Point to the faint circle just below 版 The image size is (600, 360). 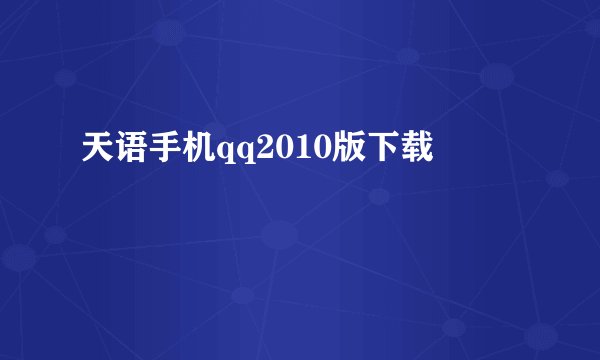(x=379, y=196)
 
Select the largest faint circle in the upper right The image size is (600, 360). (x=497, y=75)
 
